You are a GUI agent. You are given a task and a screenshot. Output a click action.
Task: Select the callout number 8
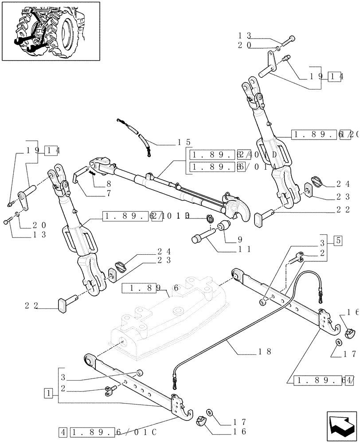coord(108,183)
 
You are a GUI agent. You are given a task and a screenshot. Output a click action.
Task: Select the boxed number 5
coord(338,241)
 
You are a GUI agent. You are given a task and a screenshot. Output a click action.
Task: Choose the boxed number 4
coord(64,431)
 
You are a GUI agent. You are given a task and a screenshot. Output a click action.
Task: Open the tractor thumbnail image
coord(51,31)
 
